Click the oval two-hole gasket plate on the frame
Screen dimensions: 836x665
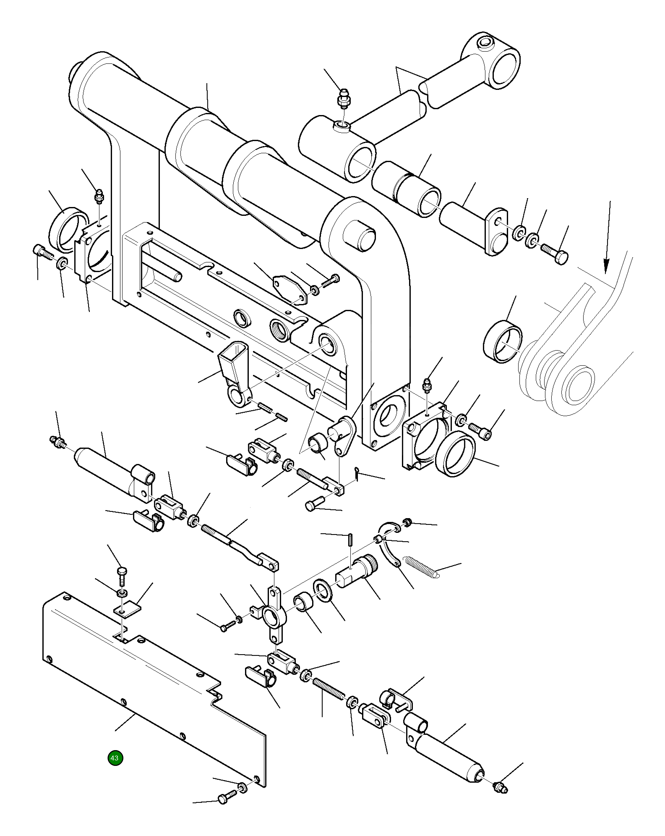290,288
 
